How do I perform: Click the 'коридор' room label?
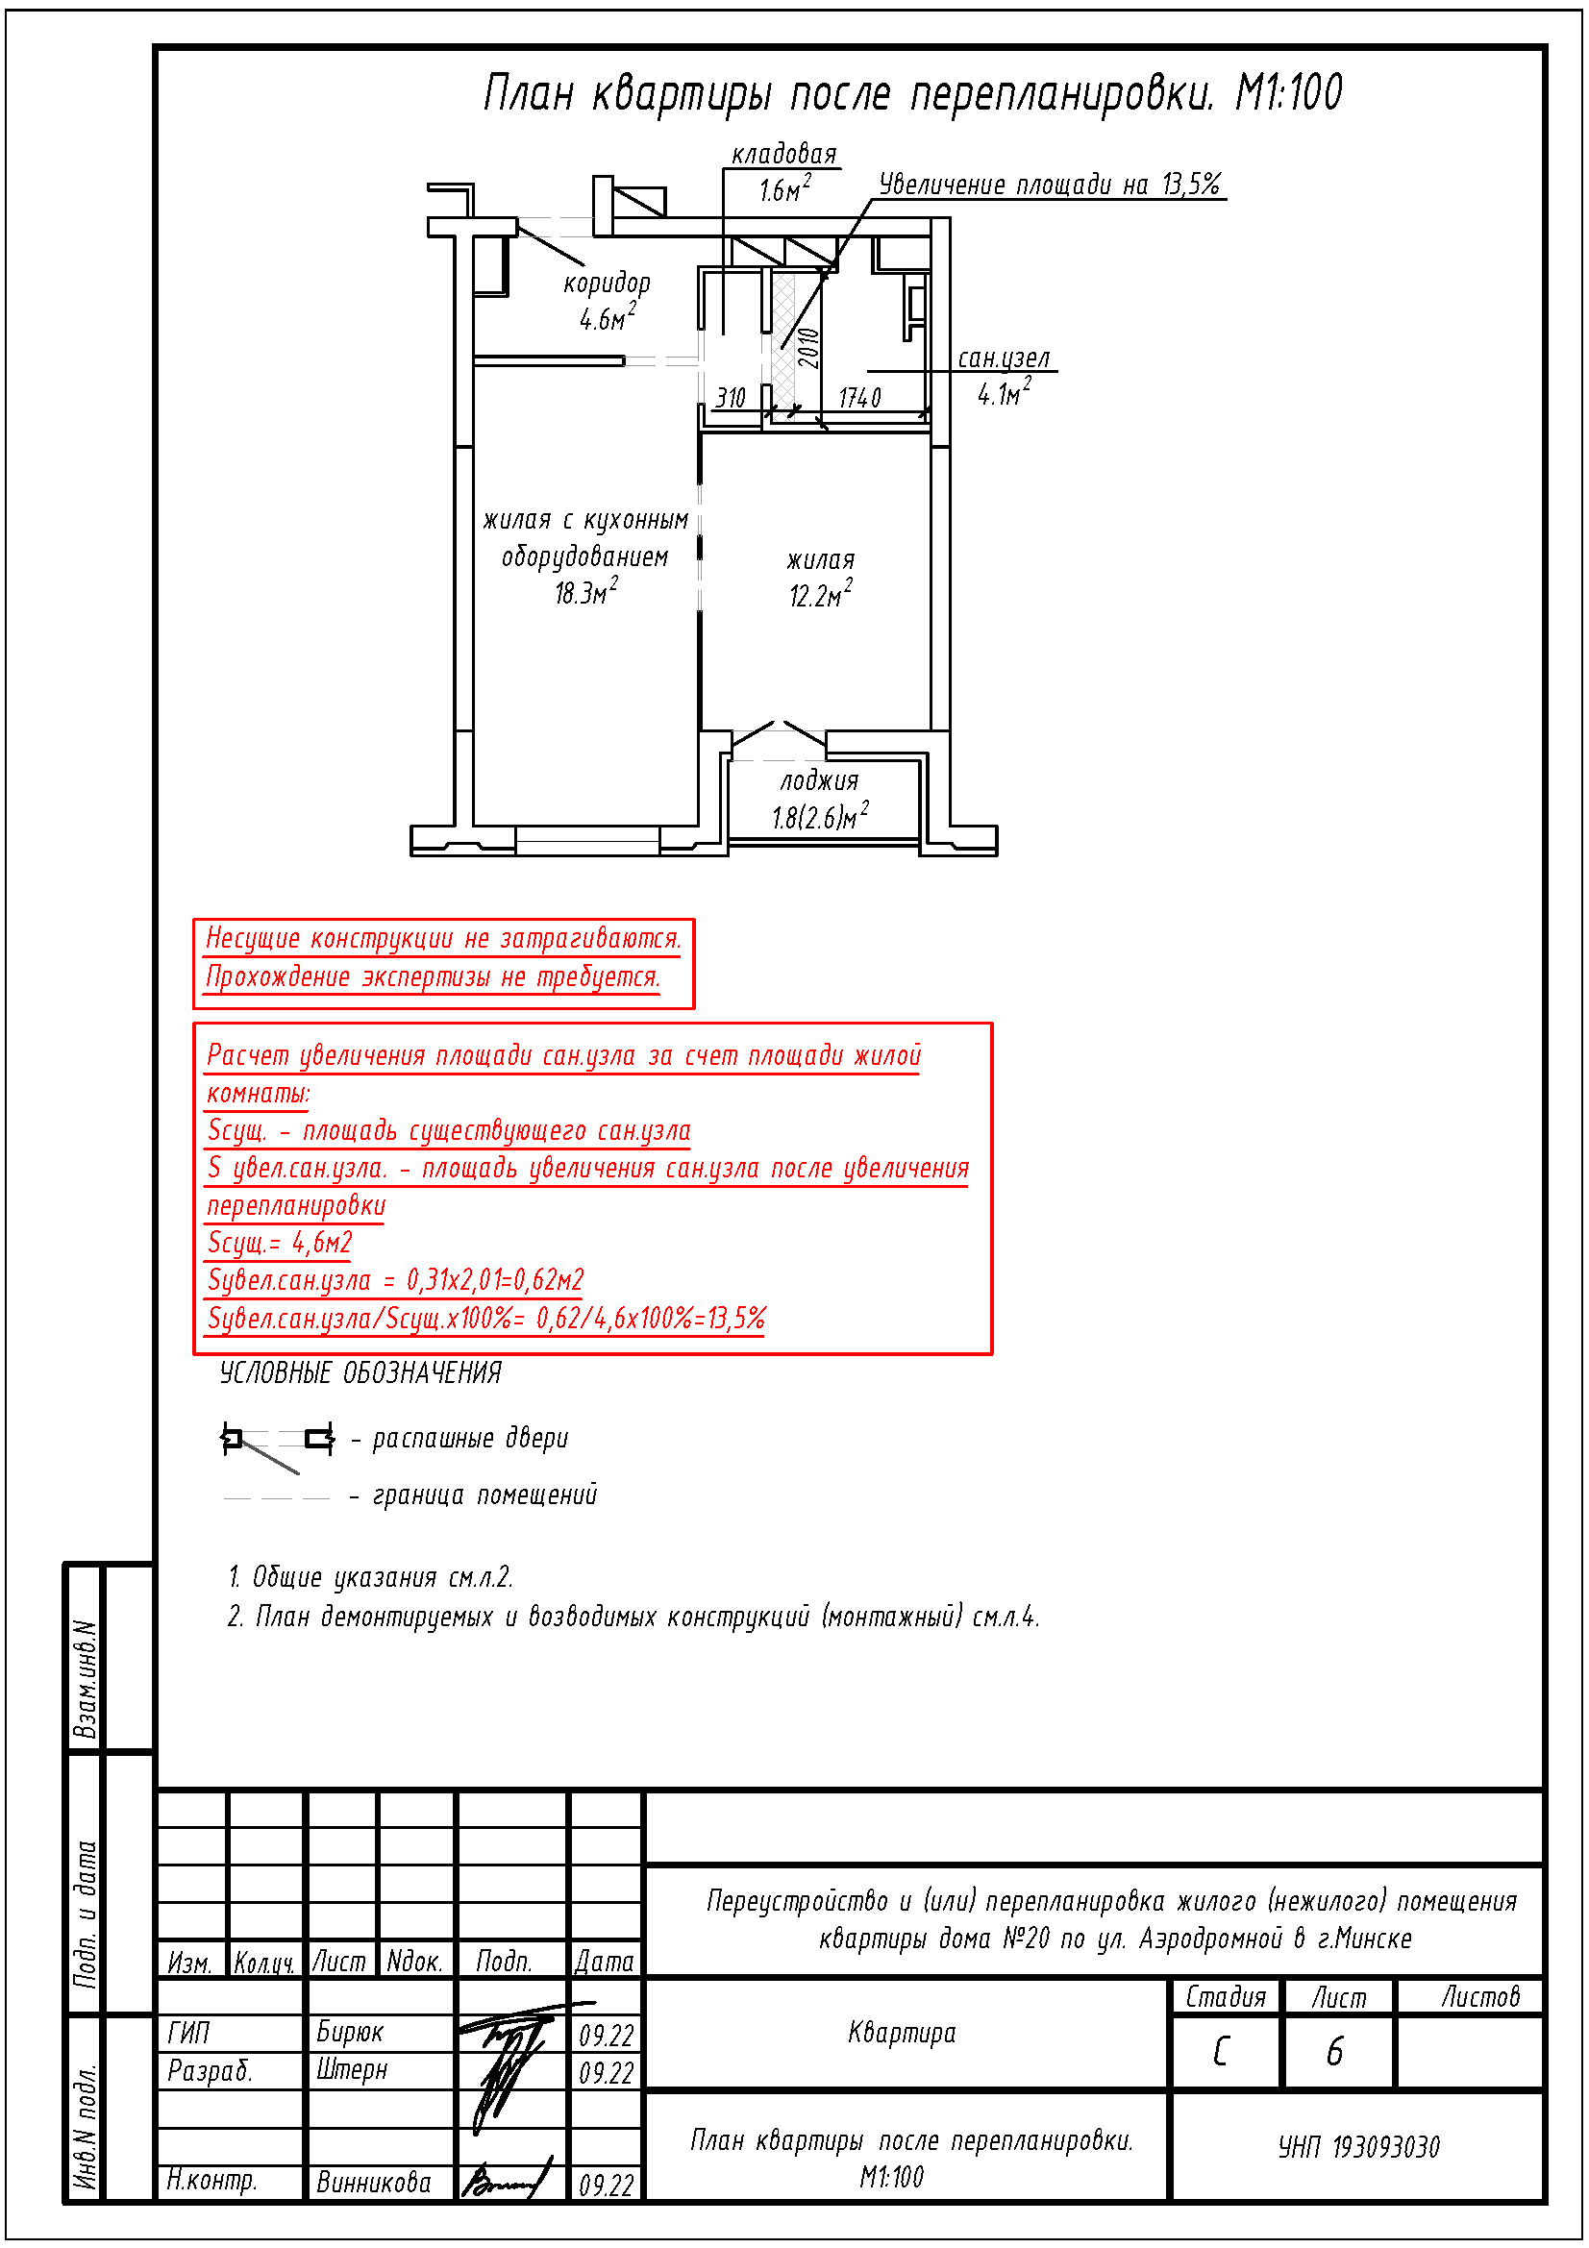click(x=606, y=284)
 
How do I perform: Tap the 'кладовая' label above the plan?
click(x=784, y=155)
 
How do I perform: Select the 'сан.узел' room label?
click(x=1003, y=359)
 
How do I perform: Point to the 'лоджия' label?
click(x=819, y=781)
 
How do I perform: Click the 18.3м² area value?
click(x=585, y=592)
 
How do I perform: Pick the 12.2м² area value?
click(x=820, y=595)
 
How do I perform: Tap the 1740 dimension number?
click(x=859, y=398)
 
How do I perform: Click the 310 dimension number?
click(x=730, y=398)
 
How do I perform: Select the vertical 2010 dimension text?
click(x=808, y=348)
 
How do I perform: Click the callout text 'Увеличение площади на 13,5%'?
click(x=1049, y=185)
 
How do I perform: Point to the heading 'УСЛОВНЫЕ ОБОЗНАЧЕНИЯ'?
click(x=360, y=1372)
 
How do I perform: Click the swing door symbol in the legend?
click(x=277, y=1443)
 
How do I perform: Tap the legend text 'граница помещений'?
click(x=484, y=1495)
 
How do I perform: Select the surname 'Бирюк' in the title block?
click(x=350, y=2032)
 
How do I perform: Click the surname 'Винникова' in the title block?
click(x=373, y=2182)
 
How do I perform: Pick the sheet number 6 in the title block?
click(x=1333, y=2051)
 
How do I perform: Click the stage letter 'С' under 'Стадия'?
click(x=1220, y=2051)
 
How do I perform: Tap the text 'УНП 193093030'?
click(x=1358, y=2147)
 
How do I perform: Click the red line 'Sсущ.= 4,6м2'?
click(x=279, y=1243)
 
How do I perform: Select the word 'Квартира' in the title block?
click(x=901, y=2033)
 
